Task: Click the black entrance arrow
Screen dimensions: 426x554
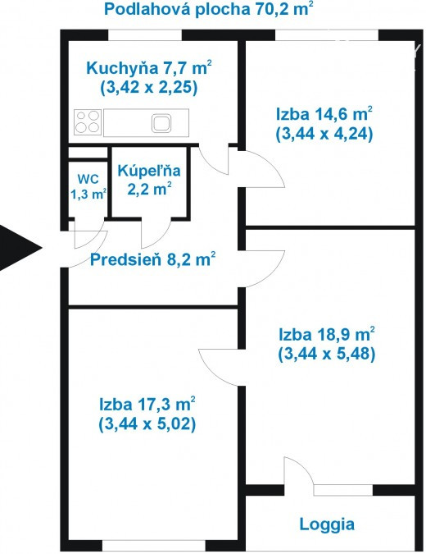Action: pos(18,248)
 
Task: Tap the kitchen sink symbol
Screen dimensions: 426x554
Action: pos(161,123)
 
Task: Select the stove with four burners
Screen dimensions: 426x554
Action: pos(88,122)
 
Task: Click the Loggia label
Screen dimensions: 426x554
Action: pos(327,524)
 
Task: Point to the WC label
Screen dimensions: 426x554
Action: pos(88,179)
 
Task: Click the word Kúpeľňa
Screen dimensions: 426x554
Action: pos(149,171)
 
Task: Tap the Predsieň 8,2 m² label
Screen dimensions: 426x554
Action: pos(152,259)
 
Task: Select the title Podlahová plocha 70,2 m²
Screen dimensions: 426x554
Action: pos(208,8)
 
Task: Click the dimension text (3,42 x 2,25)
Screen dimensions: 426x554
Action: pos(148,87)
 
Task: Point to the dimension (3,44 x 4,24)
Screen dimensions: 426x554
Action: pos(324,134)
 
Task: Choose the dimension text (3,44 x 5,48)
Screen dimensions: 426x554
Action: pos(327,354)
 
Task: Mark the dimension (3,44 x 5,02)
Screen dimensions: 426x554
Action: pos(147,424)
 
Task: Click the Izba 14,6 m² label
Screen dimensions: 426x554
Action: pos(324,114)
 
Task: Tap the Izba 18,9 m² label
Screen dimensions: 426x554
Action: pos(327,334)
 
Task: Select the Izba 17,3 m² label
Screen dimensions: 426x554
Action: pos(147,404)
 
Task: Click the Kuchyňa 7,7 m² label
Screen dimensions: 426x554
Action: pos(149,67)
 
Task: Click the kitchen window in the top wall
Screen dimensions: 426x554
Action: pos(145,35)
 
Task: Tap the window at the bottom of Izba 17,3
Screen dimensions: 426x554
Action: pos(154,545)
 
